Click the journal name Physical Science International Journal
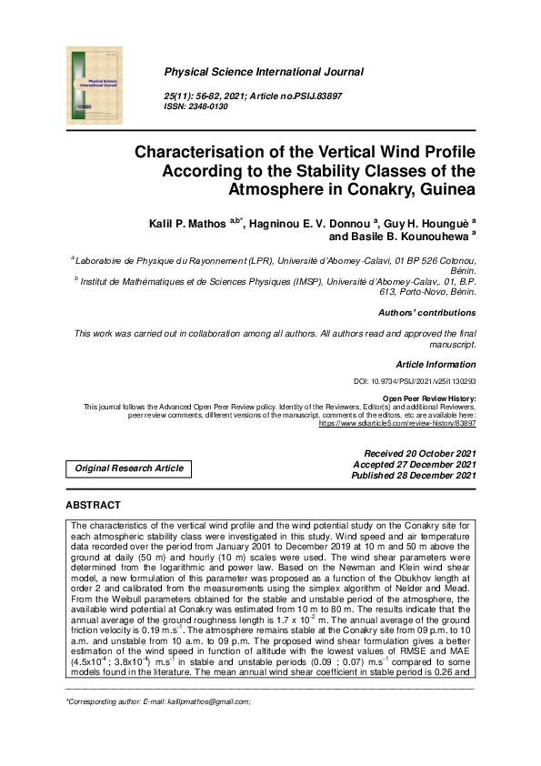tap(264, 72)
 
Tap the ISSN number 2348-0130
tap(208, 106)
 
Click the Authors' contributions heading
tap(426, 313)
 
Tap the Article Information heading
tap(436, 364)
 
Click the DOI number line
tap(414, 382)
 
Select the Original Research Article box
tap(129, 469)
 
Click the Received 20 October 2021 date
tap(419, 453)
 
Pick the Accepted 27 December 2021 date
tap(419, 464)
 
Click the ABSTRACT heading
tap(93, 505)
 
